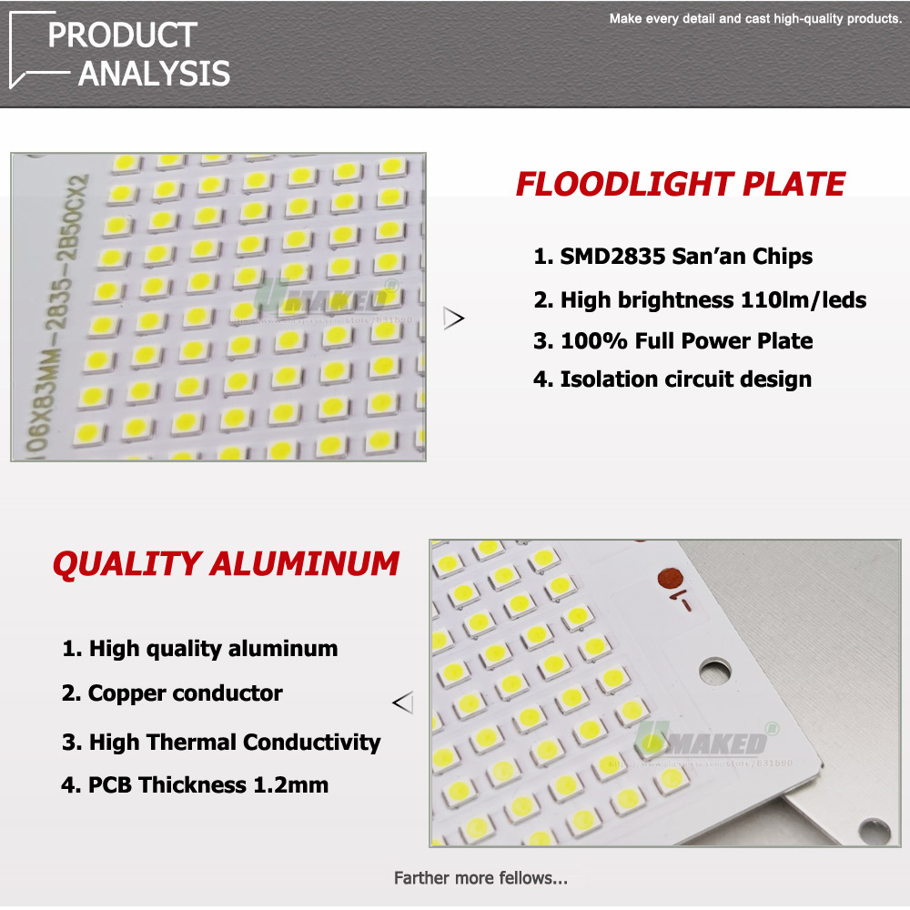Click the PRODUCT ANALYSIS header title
136,55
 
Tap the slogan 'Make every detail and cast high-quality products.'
754,18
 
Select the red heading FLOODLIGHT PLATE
681,184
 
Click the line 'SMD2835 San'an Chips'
672,257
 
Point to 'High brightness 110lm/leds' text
699,299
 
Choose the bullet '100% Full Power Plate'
672,341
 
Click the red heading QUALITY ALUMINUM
226,563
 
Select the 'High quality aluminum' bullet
199,649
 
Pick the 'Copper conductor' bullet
172,693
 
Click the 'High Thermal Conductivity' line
220,742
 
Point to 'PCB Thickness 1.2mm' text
195,784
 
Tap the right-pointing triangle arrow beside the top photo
453,318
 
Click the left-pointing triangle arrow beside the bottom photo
402,703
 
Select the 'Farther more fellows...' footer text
480,878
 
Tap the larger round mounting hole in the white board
715,672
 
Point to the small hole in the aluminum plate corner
875,829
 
